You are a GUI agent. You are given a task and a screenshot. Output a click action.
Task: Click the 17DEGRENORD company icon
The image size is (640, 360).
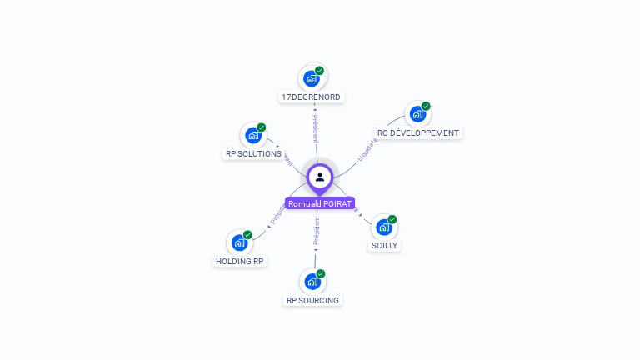point(312,78)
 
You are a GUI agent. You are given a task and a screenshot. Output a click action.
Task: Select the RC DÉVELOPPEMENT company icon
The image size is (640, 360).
point(417,114)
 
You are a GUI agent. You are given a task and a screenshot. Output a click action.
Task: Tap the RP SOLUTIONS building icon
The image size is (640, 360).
point(252,135)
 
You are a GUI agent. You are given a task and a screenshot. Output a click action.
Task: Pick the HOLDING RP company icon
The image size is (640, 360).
point(239,242)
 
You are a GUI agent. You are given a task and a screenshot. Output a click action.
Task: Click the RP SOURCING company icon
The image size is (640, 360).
point(312,281)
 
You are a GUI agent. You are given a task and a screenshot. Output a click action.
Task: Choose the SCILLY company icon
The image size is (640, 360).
point(383,227)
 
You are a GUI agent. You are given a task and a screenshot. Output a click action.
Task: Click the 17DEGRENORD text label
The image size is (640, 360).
point(312,97)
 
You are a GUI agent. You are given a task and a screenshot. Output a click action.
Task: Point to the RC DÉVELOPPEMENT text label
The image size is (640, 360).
point(418,132)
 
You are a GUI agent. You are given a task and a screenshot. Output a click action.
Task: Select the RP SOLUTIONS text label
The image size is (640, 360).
point(253,153)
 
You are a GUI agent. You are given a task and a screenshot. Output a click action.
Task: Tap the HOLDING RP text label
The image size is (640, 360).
point(240,261)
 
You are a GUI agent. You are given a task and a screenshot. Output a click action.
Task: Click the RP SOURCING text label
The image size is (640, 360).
point(312,300)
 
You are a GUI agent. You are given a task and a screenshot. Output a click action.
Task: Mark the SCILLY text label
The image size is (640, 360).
point(385,246)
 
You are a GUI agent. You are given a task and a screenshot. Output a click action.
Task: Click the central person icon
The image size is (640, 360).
point(320,177)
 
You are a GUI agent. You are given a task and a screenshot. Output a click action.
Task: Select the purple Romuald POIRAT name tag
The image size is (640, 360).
point(320,203)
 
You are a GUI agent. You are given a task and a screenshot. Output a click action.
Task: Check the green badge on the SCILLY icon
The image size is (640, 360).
point(392,219)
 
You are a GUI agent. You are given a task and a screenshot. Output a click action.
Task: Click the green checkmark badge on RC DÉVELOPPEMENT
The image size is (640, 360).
point(426,107)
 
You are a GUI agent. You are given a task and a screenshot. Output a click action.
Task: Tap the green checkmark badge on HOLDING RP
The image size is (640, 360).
point(247,235)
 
